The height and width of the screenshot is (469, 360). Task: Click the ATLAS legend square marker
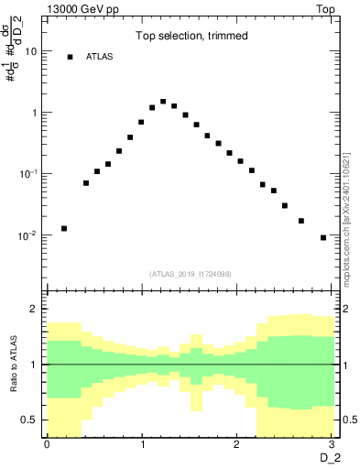click(x=70, y=57)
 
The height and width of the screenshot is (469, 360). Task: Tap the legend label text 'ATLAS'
click(x=99, y=57)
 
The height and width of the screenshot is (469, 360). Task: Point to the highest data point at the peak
click(x=163, y=102)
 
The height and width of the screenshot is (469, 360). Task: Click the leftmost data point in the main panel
click(x=64, y=228)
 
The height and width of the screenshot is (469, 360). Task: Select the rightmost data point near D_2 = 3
click(x=323, y=237)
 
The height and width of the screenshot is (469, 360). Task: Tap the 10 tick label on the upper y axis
click(x=30, y=51)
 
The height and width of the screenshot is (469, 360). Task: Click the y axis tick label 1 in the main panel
click(x=33, y=113)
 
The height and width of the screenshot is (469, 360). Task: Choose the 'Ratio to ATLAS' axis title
click(x=13, y=364)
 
